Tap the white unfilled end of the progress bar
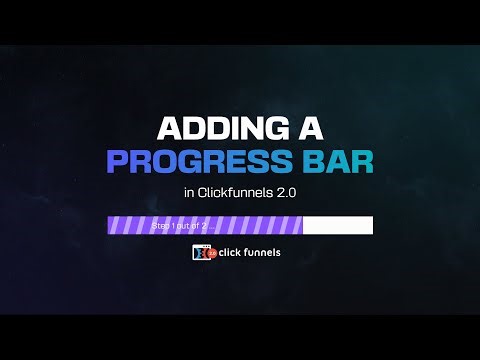click(338, 226)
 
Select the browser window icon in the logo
click(199, 253)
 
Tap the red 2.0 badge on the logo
click(211, 254)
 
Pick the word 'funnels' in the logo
click(264, 252)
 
